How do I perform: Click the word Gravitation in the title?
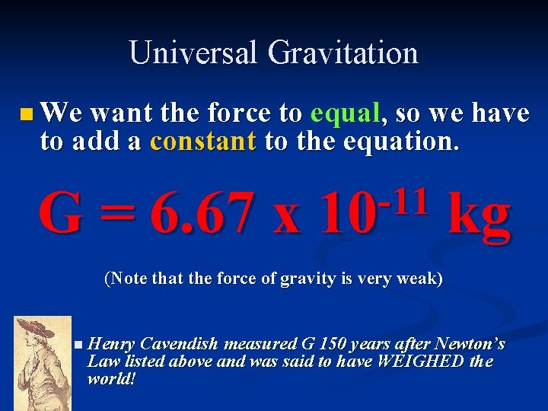[x=342, y=53]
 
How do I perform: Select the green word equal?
[x=345, y=113]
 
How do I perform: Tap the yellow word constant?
[x=203, y=142]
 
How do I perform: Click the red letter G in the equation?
[x=62, y=214]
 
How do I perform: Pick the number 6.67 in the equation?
[x=201, y=214]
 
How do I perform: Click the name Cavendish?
[x=177, y=344]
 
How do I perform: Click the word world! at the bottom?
[x=112, y=378]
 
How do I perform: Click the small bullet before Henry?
[x=80, y=345]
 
